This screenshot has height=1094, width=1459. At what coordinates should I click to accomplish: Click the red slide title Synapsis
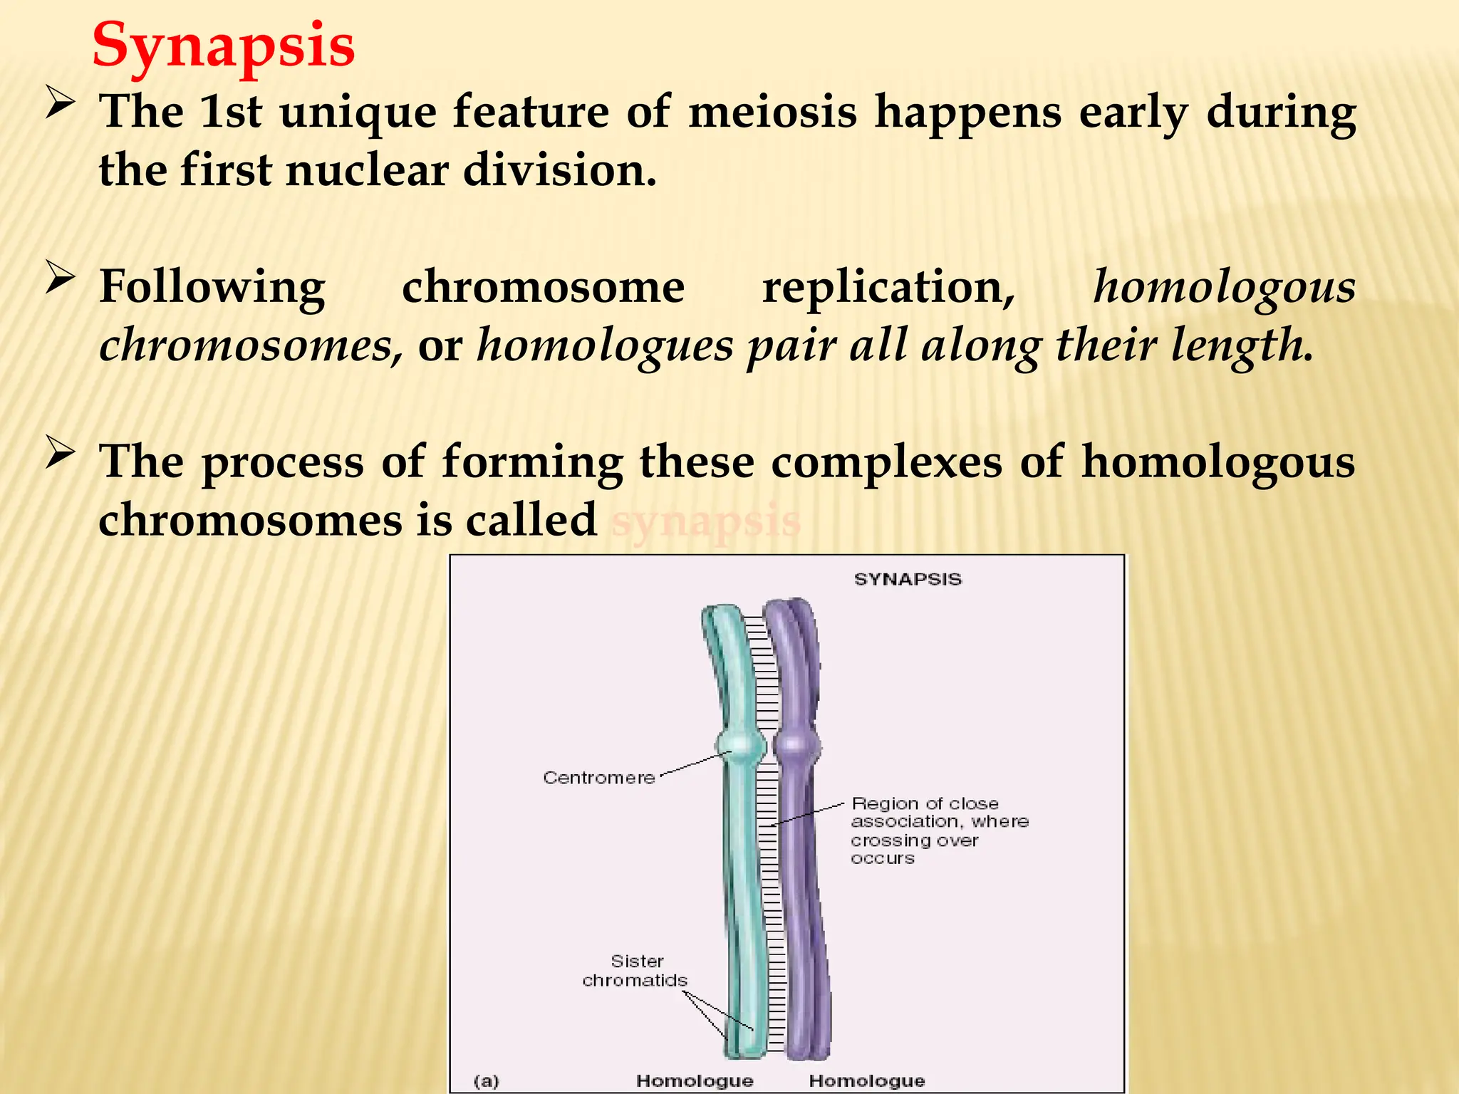[223, 46]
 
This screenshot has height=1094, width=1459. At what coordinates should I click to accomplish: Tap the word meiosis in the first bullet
[772, 112]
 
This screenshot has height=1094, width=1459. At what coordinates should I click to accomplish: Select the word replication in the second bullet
[888, 287]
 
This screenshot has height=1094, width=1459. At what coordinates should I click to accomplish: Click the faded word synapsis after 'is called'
[706, 521]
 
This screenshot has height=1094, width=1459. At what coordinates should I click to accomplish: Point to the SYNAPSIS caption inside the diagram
[908, 579]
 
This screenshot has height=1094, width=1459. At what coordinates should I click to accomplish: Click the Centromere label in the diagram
[598, 778]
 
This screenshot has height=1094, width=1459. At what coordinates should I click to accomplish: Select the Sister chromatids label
[635, 971]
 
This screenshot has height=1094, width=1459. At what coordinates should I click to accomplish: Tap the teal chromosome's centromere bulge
[742, 745]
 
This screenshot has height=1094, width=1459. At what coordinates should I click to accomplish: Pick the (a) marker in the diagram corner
[487, 1080]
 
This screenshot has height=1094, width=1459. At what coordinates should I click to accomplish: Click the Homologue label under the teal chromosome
[695, 1080]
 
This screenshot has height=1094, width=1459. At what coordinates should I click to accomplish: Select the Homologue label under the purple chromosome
[867, 1080]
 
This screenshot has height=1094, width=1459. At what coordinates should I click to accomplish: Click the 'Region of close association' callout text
[939, 830]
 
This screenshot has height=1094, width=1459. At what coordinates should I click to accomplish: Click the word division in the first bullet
[559, 171]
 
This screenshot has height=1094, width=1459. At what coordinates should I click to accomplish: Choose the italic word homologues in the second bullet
[604, 346]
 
